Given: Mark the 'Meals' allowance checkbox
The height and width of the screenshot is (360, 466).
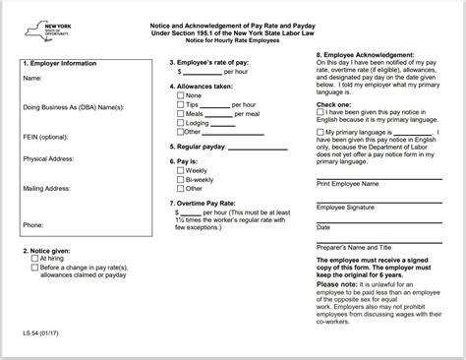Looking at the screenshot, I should coord(180,119).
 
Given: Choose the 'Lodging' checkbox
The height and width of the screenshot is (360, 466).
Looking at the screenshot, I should coord(180,130).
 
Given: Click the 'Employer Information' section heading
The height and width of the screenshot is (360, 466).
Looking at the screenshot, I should coord(59,61).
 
